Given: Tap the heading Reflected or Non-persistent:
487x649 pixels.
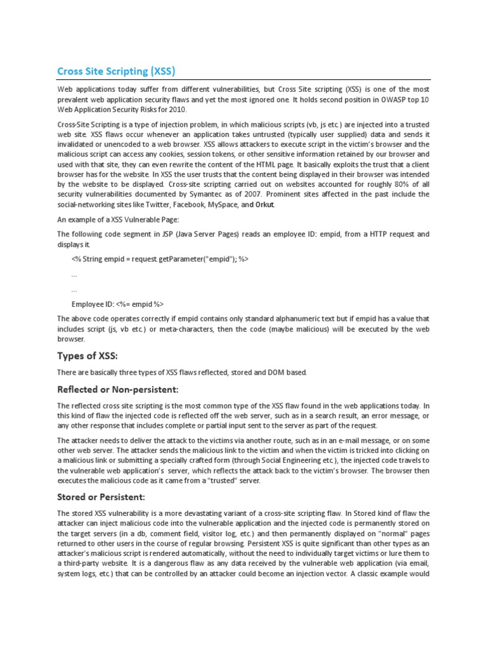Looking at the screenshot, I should point(118,388).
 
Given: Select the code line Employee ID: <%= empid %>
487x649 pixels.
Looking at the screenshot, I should point(118,304).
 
